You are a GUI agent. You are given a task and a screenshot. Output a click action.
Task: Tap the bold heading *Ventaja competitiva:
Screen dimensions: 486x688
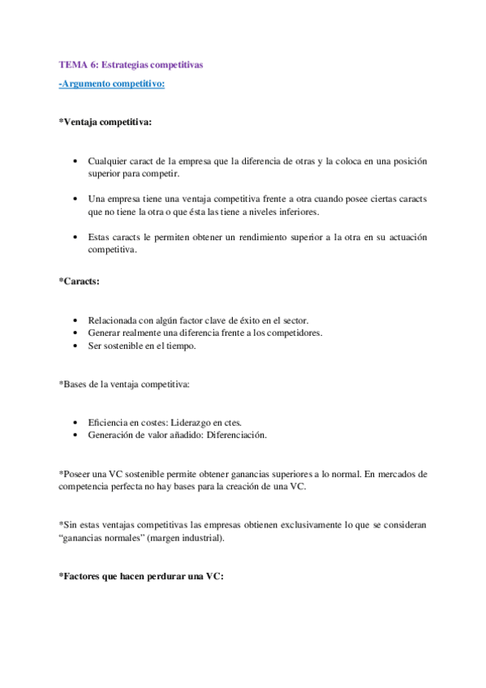[104, 123]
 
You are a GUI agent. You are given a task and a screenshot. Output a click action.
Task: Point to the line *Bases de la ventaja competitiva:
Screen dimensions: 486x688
[126, 383]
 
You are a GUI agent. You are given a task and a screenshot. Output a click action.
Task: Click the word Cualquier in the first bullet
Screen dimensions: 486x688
[109, 161]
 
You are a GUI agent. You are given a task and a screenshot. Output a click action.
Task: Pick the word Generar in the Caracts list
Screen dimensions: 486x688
[105, 333]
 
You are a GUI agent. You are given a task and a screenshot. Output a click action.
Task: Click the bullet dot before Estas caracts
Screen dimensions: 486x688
[75, 238]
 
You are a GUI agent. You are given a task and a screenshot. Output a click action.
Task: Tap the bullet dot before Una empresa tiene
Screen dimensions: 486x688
[75, 200]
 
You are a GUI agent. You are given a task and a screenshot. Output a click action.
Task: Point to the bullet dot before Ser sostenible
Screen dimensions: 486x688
[75, 346]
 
